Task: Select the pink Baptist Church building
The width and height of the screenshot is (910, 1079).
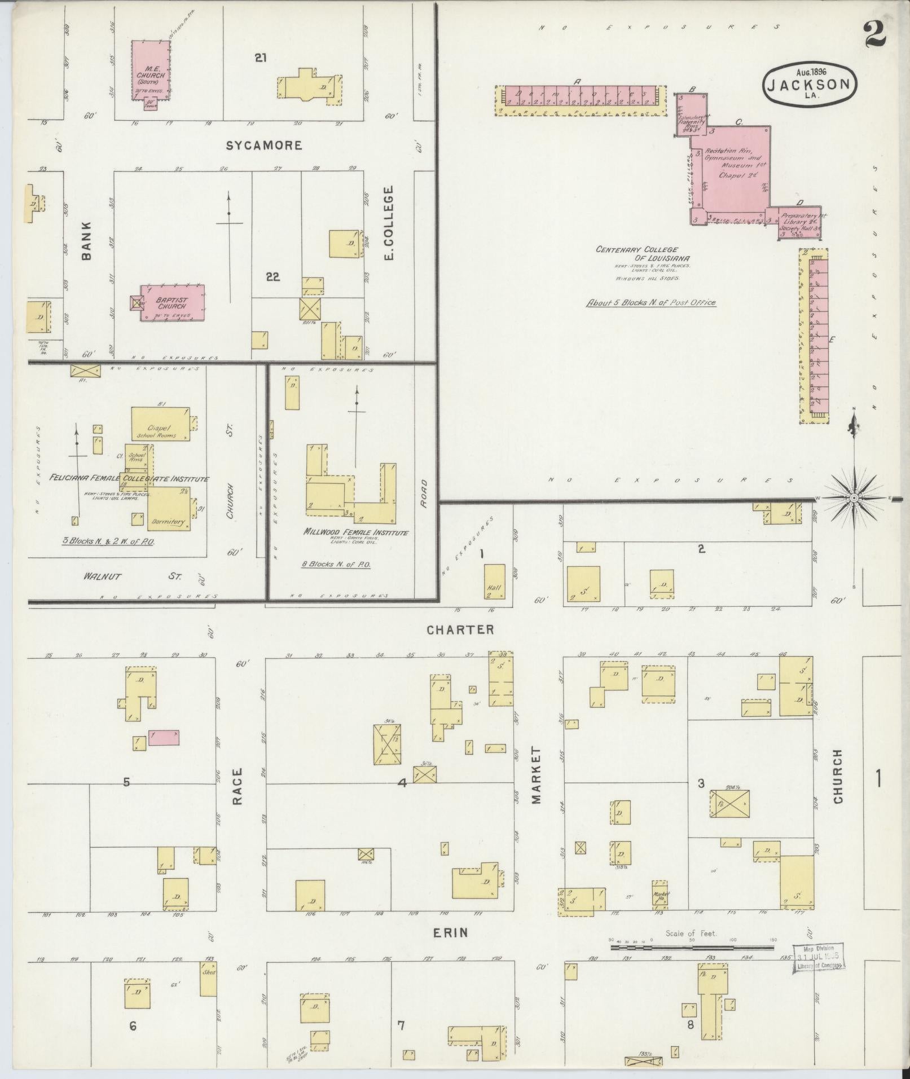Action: pos(172,303)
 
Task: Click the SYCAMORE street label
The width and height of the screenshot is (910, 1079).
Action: pos(264,146)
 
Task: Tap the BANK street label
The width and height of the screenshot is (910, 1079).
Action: pos(86,248)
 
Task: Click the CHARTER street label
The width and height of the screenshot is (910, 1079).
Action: pos(460,629)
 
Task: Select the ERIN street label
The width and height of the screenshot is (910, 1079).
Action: pos(450,932)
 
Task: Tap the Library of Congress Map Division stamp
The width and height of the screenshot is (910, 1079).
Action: pos(819,958)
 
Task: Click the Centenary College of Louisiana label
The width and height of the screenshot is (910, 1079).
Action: pos(636,254)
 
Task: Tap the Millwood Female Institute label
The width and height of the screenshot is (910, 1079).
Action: pos(355,532)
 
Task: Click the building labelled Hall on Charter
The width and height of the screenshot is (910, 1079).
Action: pos(494,581)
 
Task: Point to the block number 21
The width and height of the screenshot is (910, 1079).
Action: pos(260,57)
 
